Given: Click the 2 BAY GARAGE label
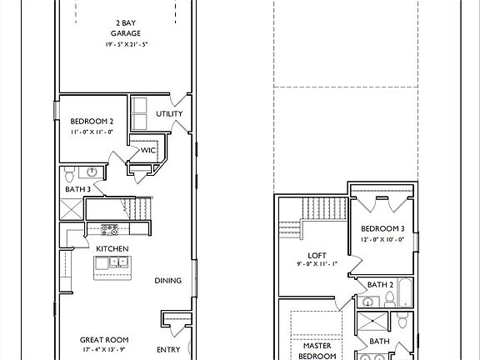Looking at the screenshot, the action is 126,28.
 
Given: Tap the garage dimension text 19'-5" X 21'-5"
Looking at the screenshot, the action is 127,44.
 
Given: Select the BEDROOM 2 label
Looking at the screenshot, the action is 92,121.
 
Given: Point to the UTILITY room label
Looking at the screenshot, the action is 169,114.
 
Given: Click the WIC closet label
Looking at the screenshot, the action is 148,150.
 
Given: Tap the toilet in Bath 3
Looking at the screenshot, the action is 70,174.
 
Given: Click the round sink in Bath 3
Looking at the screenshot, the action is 92,172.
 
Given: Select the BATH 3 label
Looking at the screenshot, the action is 78,189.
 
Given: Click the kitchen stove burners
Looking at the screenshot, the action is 110,230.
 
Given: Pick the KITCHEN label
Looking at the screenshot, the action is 112,249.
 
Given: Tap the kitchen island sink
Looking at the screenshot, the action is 118,262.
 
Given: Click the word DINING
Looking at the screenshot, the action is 167,281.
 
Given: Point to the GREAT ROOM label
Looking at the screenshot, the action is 104,340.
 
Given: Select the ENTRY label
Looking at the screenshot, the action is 168,350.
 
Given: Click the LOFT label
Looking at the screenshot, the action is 317,256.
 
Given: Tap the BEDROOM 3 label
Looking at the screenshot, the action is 382,228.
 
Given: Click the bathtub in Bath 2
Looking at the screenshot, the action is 405,292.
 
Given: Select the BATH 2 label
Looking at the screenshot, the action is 380,285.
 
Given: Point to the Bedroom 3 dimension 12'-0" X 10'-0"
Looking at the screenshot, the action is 382,239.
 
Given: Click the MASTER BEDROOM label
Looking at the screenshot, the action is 317,351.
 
